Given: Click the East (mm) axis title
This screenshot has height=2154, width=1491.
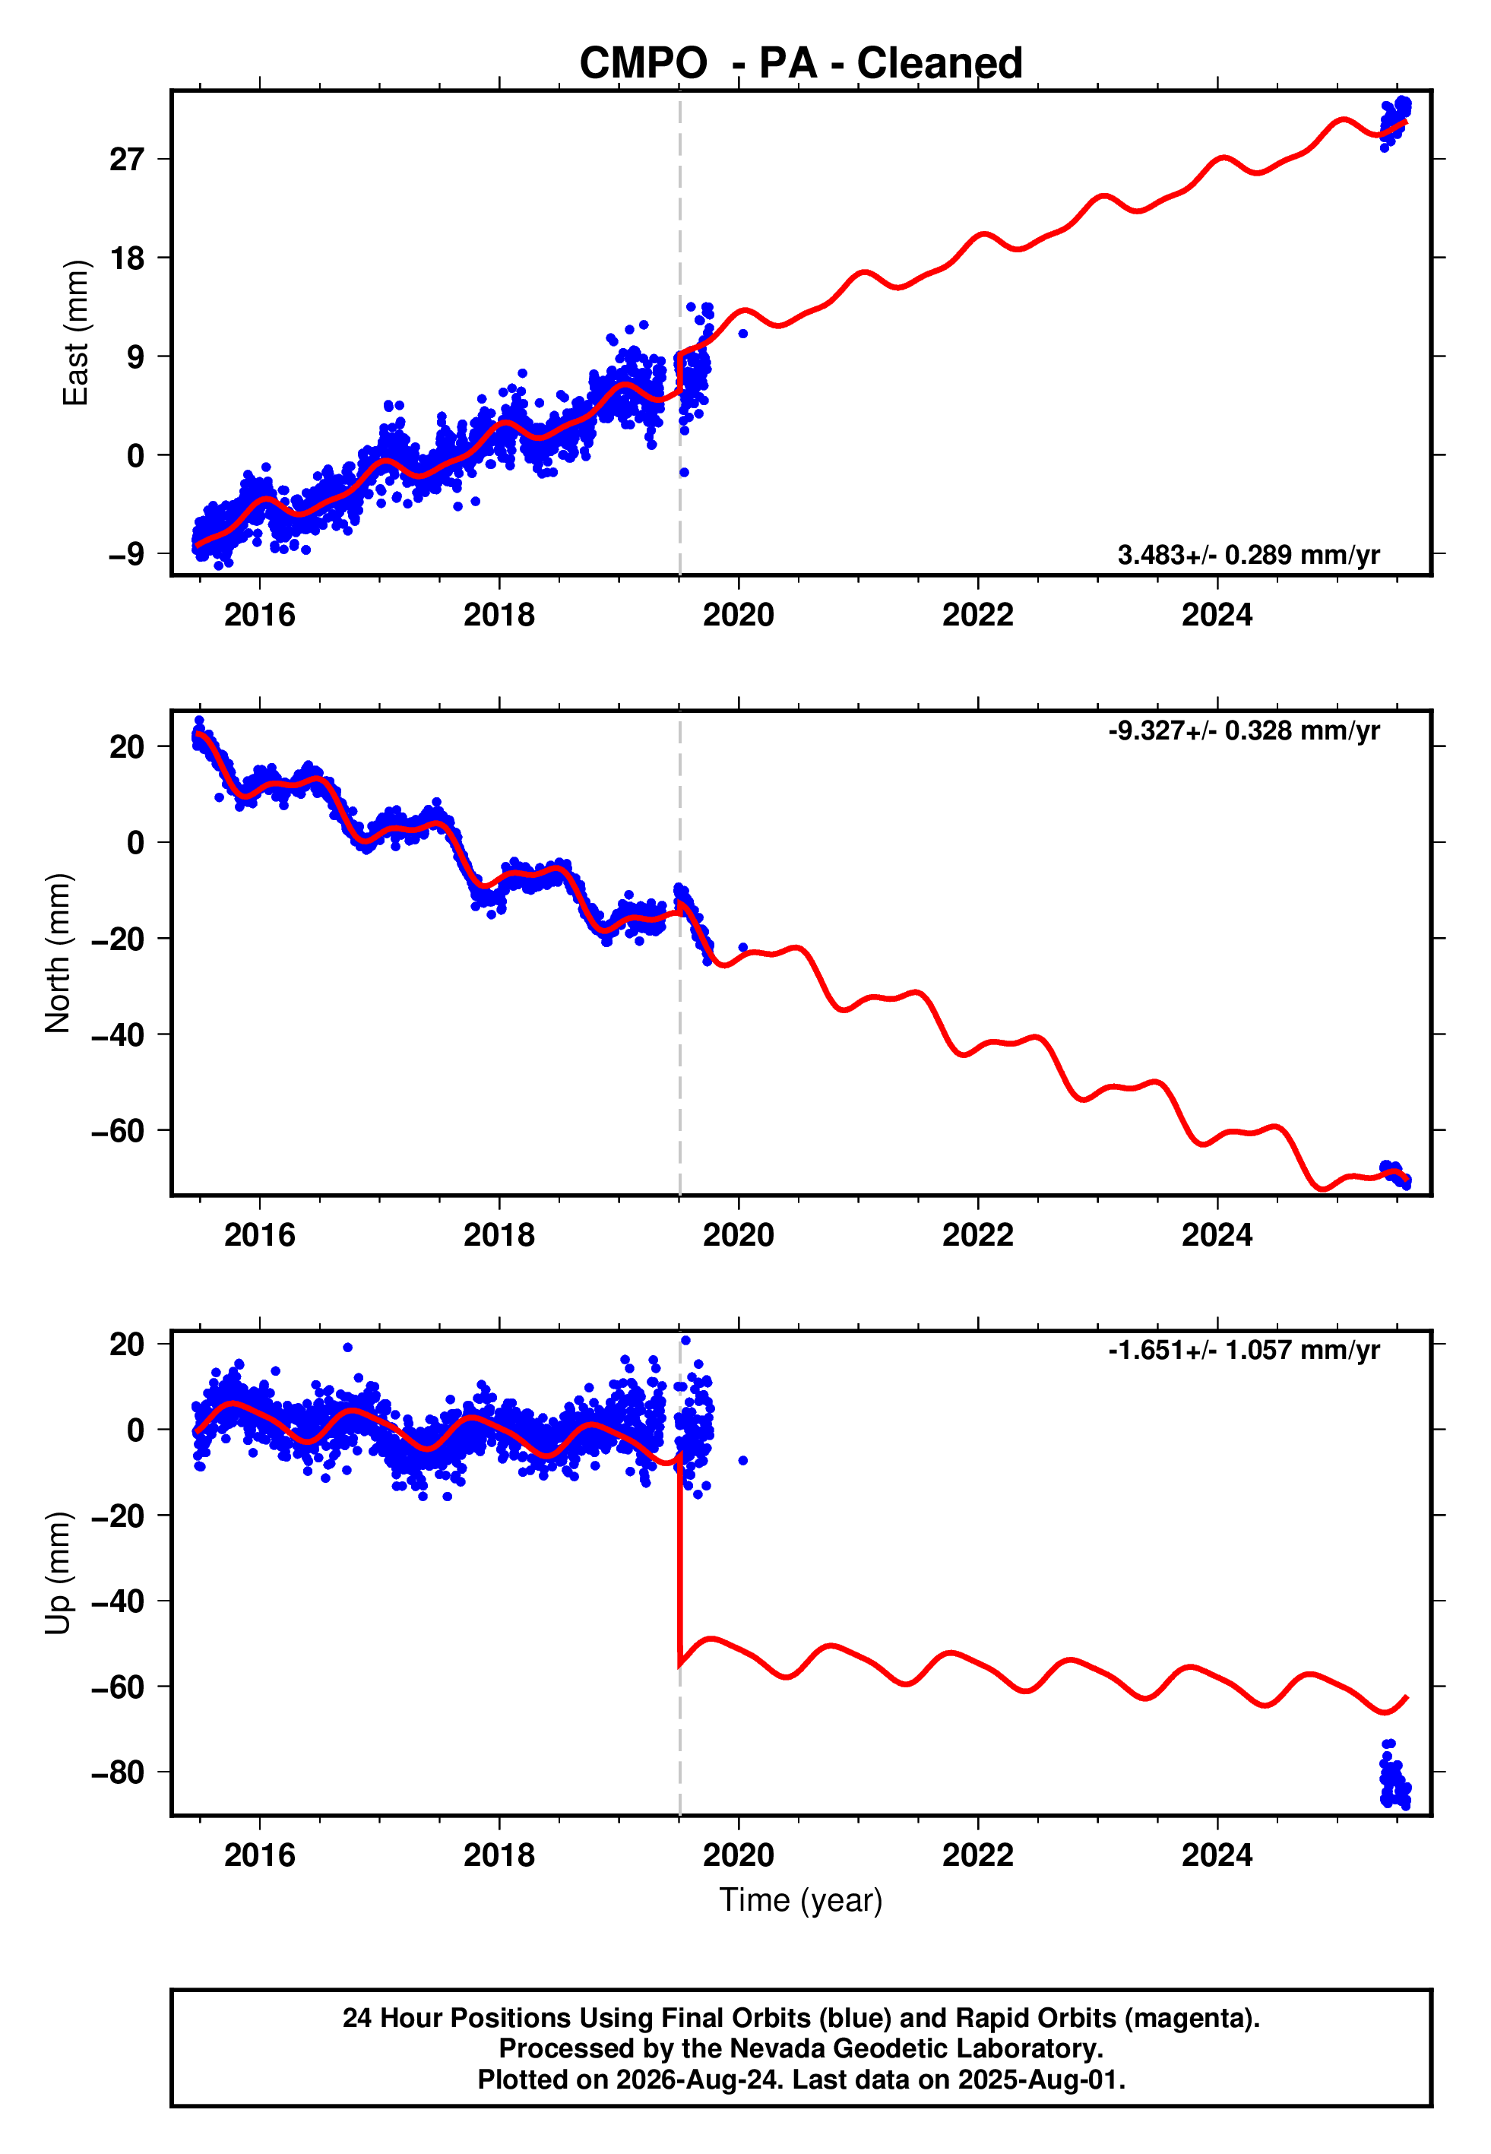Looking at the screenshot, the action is click(74, 333).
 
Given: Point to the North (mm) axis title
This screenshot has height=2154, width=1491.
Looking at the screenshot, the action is click(57, 953).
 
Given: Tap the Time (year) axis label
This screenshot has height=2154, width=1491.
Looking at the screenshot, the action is click(801, 1900).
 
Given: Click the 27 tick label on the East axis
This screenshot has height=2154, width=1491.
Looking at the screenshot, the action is click(127, 160).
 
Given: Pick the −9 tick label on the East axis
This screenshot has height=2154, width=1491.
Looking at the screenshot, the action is click(127, 554).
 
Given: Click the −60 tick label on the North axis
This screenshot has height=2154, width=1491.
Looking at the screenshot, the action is click(118, 1130).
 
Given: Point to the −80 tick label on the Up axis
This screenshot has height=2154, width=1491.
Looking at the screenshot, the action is click(118, 1772).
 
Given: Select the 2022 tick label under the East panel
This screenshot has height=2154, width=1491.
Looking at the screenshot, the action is click(977, 615).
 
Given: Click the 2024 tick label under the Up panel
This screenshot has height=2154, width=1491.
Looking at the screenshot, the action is click(1217, 1855).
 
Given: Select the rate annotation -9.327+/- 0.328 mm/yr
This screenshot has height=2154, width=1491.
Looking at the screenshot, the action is click(1243, 730).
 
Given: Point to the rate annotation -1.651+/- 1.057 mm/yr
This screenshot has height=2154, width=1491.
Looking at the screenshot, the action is click(1243, 1351).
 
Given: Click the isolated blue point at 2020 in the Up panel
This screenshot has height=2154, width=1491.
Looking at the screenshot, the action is click(742, 1460).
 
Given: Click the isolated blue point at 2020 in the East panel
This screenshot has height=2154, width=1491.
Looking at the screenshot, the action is click(742, 334).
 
